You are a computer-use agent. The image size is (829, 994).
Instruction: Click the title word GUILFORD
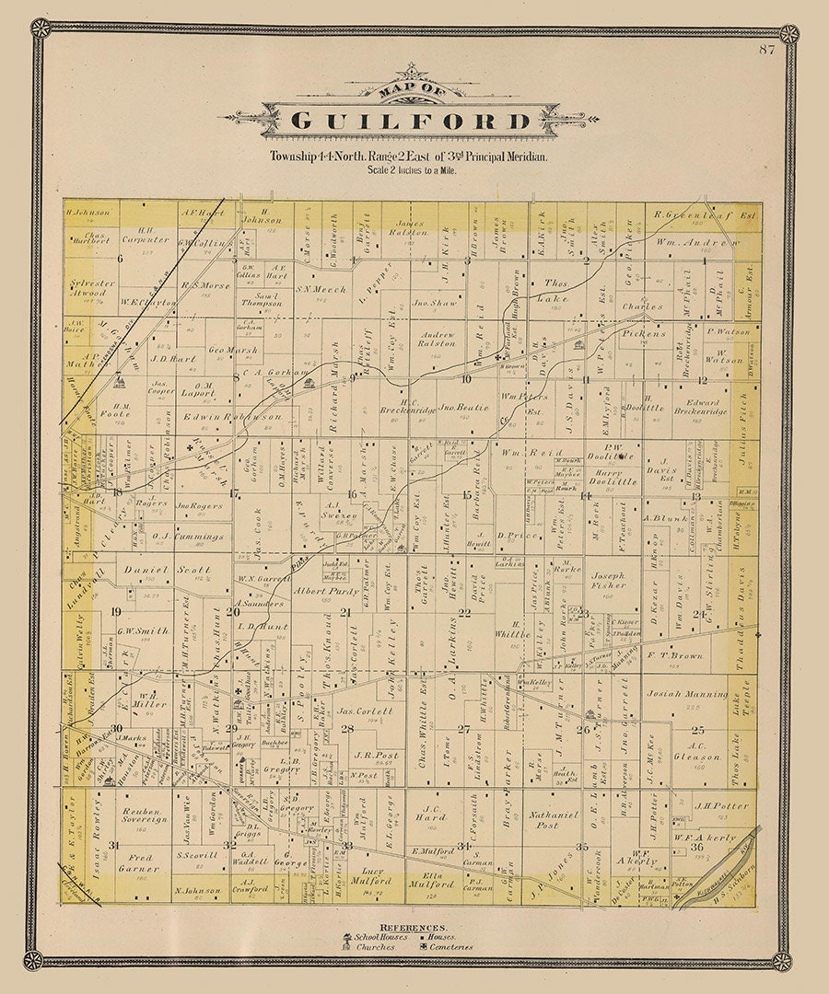click(411, 121)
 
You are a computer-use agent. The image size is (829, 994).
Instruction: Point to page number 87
click(765, 75)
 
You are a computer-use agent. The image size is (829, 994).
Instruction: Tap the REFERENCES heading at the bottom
click(414, 928)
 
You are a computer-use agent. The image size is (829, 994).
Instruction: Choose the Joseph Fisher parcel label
click(608, 580)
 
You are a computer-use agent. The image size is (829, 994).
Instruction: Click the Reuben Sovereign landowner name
click(144, 817)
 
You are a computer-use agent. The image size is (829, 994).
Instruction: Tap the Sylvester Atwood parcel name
click(91, 288)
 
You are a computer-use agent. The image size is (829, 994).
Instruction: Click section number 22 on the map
click(465, 612)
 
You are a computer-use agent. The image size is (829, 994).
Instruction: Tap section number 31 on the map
click(113, 845)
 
